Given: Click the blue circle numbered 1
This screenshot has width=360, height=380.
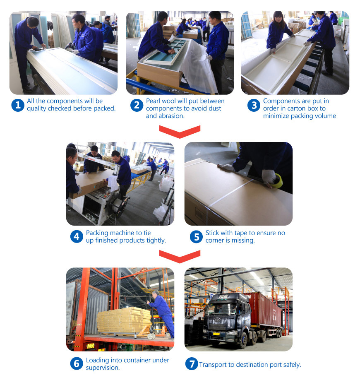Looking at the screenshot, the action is click(18, 105).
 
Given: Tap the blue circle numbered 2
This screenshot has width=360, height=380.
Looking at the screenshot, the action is click(137, 105).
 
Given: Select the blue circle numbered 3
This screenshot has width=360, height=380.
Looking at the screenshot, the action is click(254, 105).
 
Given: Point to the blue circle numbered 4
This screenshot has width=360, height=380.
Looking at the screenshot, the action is click(77, 236).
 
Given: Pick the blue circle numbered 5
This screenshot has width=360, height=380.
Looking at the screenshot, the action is click(196, 237).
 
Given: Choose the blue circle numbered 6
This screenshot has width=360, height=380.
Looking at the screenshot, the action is click(77, 363).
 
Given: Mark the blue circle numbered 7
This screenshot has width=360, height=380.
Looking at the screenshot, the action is click(192, 364).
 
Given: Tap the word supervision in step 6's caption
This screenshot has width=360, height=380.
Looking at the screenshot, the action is click(103, 368).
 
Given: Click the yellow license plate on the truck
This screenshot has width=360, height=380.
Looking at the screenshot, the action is click(216, 334).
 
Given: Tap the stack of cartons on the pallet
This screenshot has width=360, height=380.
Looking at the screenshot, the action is click(124, 320).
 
